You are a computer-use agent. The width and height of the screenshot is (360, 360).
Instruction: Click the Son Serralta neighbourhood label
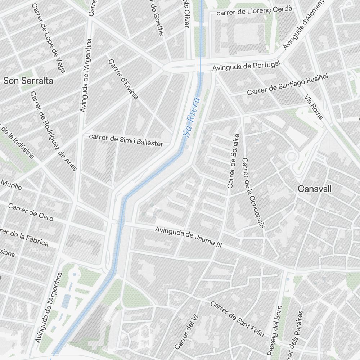click(28, 81)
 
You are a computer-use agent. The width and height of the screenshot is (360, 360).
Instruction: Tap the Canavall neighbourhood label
click(315, 189)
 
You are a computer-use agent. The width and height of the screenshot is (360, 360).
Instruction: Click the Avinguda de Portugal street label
click(246, 66)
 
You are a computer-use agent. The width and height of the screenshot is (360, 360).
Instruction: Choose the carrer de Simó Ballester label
click(126, 140)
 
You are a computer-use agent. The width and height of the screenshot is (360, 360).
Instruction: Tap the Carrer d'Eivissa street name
click(123, 79)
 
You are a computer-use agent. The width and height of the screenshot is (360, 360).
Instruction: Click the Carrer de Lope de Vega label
click(48, 38)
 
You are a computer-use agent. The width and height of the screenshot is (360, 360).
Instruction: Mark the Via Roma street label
click(314, 107)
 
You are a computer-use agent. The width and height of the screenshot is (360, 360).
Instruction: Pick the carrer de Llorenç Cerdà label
click(254, 12)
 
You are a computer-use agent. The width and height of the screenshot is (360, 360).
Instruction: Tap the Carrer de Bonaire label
click(233, 161)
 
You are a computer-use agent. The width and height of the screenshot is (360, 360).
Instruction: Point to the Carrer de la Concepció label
click(253, 193)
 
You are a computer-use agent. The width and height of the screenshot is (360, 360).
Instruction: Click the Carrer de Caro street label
click(31, 212)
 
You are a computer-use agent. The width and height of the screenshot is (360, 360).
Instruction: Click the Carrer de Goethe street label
click(157, 18)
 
